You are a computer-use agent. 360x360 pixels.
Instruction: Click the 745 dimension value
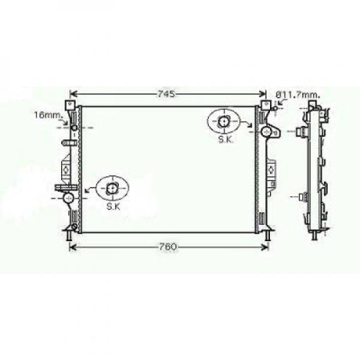coord(166,94)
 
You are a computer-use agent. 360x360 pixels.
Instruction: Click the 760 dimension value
coord(167,247)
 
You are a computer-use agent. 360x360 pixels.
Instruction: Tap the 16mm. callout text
coord(49,115)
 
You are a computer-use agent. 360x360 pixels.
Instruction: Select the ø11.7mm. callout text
coord(298,95)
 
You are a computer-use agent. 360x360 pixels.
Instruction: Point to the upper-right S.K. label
coord(226,140)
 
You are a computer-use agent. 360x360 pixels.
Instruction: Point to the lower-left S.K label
coord(113,207)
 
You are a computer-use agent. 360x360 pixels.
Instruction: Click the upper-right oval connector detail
coord(224,121)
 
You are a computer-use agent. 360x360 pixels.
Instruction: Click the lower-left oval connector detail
coord(112,188)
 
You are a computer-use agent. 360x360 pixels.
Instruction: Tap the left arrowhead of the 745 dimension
coord(73,94)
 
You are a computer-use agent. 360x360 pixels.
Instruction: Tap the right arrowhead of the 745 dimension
coord(263,94)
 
